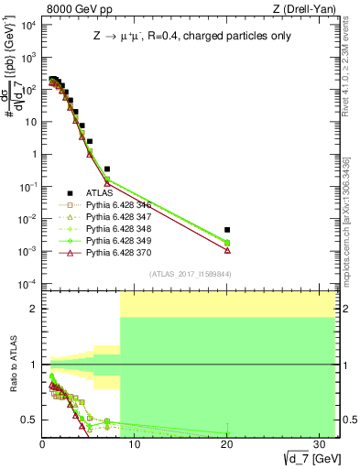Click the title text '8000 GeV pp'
(x=71, y=8)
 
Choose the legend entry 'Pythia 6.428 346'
(x=115, y=206)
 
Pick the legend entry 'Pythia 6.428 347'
(x=115, y=218)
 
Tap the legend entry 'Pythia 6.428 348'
(x=115, y=230)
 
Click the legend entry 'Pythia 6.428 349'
(x=115, y=242)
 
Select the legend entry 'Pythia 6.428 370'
(x=115, y=254)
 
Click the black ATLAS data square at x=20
(x=227, y=230)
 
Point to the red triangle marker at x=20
(x=227, y=250)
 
